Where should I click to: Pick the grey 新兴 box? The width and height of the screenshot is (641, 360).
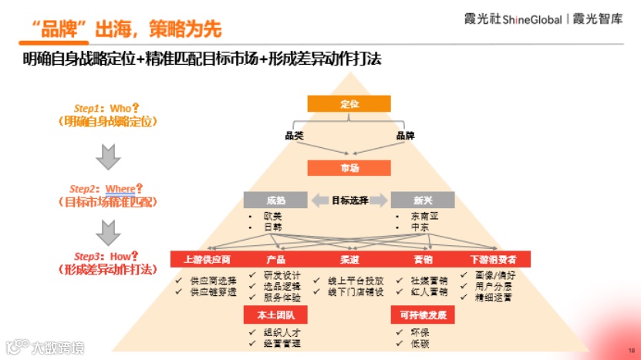(x=422, y=200)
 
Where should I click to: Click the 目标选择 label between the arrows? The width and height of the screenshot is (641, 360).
(x=349, y=200)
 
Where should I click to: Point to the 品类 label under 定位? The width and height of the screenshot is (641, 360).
(x=294, y=136)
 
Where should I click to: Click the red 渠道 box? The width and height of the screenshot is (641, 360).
(x=349, y=259)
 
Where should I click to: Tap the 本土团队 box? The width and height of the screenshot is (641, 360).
(x=275, y=315)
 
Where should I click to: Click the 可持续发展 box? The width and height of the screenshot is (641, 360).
(x=423, y=315)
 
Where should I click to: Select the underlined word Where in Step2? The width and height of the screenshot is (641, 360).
(x=120, y=189)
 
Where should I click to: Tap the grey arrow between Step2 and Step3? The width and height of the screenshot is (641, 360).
(x=106, y=230)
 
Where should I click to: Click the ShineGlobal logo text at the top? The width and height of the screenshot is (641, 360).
(x=531, y=19)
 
